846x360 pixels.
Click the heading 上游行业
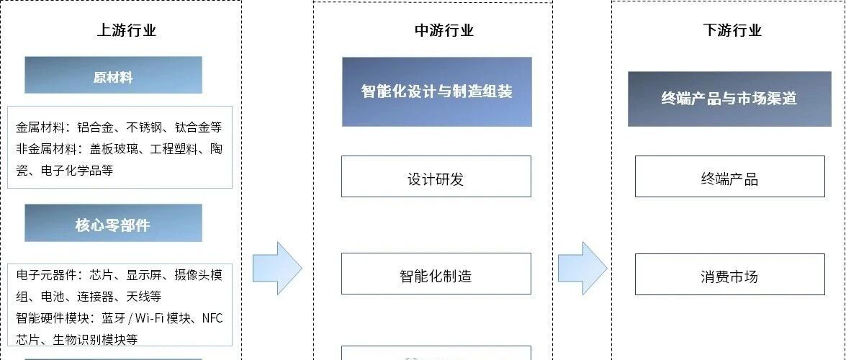(126, 30)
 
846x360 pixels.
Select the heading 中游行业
(444, 30)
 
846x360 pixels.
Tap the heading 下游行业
(732, 30)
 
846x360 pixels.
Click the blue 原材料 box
(113, 76)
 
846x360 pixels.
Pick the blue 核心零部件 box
(113, 224)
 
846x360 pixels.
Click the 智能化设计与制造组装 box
(436, 91)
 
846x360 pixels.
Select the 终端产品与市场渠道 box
(729, 99)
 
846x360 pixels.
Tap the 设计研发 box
(436, 177)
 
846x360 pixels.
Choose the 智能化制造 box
(436, 274)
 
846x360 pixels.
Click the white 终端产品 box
(729, 177)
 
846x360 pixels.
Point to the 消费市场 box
(729, 275)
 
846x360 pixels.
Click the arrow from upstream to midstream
(277, 268)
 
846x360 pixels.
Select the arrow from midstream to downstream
(582, 268)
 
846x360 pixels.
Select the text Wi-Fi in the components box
(146, 318)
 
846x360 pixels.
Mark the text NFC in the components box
(212, 318)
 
